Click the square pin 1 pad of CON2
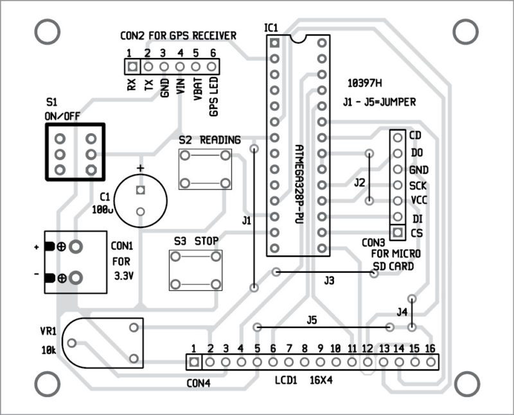(132, 66)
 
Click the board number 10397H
(364, 84)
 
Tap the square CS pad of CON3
(398, 232)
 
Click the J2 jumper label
(360, 183)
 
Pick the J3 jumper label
(330, 281)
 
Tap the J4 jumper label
(402, 312)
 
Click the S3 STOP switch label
(196, 241)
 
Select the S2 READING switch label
(210, 140)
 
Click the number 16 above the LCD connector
(430, 348)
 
